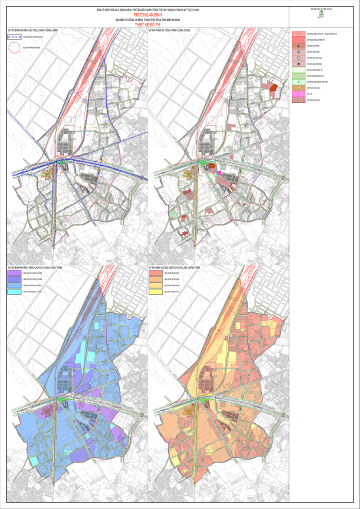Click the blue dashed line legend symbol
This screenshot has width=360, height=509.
[x=14, y=38]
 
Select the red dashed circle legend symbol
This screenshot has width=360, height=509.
[x=14, y=48]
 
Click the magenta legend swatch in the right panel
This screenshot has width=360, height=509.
[x=298, y=93]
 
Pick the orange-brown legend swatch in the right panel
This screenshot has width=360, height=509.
[x=298, y=87]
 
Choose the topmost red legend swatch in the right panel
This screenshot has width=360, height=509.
[x=298, y=33]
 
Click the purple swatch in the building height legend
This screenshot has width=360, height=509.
[x=14, y=273]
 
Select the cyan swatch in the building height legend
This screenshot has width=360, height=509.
[x=14, y=291]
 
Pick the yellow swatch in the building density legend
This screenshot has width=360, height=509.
[x=154, y=291]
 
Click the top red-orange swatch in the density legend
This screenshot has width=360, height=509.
[x=154, y=273]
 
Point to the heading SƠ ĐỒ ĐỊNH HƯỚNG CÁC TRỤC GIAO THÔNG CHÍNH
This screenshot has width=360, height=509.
[x=29, y=30]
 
